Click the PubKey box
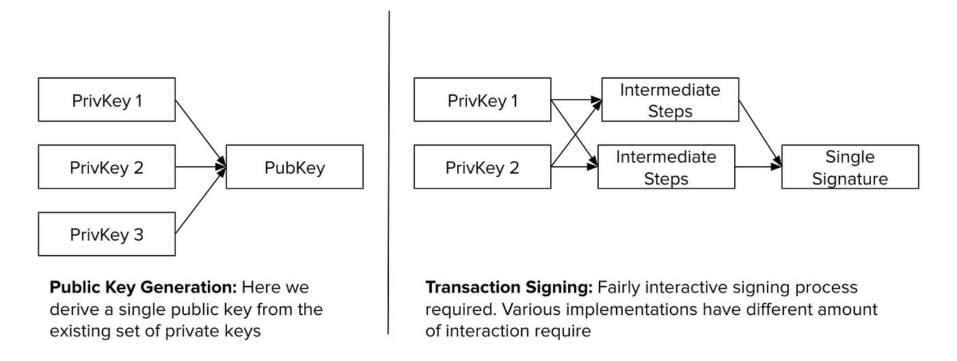tap(294, 167)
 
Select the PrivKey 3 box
tap(107, 235)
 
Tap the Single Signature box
tap(850, 167)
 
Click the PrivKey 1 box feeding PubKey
tap(107, 101)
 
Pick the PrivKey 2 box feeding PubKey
tap(107, 167)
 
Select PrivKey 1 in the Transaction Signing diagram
tap(482, 101)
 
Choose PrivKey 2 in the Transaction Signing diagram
tap(482, 167)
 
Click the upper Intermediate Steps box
tap(669, 101)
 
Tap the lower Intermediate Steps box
tap(666, 167)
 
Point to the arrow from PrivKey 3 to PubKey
tap(200, 202)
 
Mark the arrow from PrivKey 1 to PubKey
tap(200, 132)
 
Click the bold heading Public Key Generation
tap(144, 287)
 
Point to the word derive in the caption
tap(70, 309)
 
